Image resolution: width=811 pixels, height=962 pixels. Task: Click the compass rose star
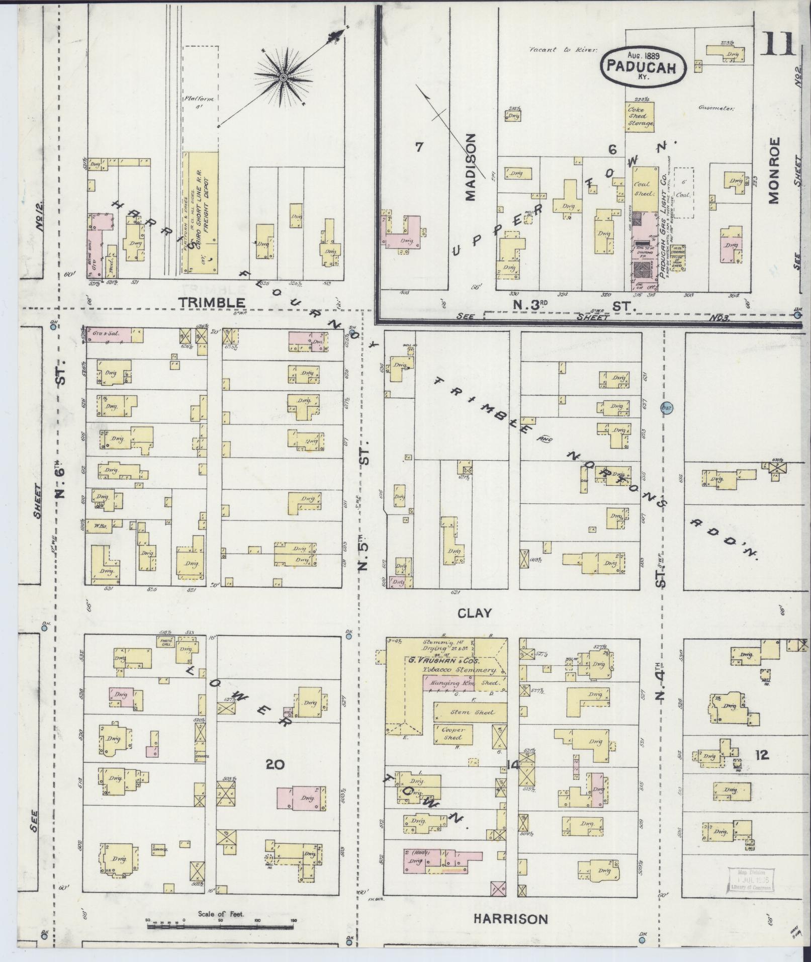283,77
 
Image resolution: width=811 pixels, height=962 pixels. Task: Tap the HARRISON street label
510,919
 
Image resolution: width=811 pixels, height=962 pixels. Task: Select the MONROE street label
773,170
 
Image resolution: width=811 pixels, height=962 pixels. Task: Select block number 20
275,765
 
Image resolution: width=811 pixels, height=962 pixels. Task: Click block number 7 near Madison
419,147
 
